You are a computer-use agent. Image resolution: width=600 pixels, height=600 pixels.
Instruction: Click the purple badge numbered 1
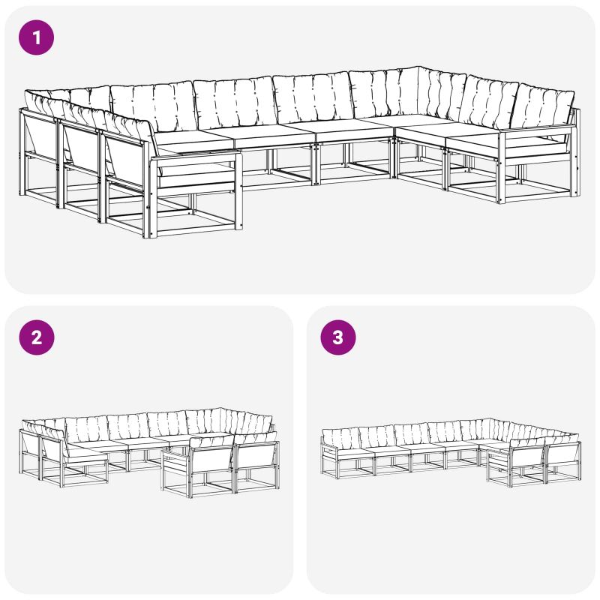click(36, 37)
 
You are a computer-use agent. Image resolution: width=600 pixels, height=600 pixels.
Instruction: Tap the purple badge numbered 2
click(36, 337)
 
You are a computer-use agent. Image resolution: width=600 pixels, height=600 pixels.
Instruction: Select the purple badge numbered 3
click(338, 337)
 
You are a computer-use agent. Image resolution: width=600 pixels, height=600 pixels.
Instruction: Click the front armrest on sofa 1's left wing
click(195, 157)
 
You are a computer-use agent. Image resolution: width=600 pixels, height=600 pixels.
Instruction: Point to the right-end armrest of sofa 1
click(538, 128)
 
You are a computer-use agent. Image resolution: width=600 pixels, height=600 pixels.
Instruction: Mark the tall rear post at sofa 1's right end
click(577, 152)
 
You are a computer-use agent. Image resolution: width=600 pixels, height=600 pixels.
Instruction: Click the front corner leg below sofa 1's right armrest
click(502, 167)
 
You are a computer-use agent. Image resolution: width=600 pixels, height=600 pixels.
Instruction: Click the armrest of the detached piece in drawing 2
click(177, 452)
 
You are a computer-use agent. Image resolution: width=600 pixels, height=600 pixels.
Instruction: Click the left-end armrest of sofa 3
click(328, 448)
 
